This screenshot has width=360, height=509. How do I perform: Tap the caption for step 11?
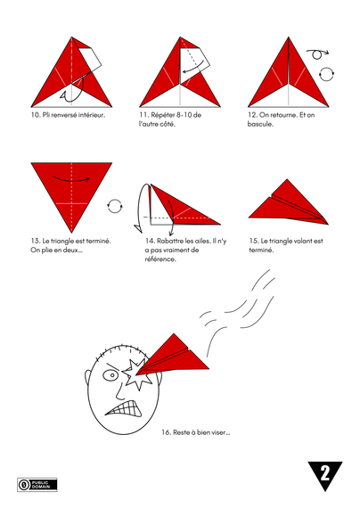[170, 119]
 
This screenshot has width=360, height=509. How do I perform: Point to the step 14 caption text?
[175, 250]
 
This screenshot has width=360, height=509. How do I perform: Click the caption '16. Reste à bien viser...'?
[195, 432]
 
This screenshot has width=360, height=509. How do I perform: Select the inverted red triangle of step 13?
[71, 187]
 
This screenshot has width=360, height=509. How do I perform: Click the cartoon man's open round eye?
[111, 375]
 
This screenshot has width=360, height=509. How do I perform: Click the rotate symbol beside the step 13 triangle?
[113, 206]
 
